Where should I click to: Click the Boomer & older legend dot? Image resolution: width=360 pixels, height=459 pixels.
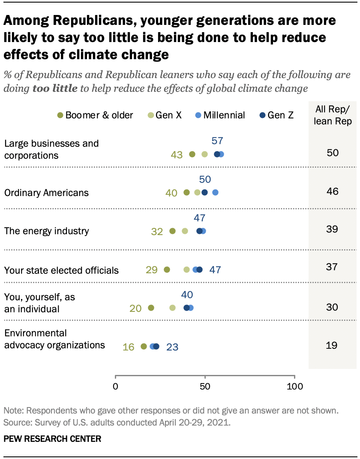point(60,115)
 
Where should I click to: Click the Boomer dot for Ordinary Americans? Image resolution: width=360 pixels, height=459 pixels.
point(186,193)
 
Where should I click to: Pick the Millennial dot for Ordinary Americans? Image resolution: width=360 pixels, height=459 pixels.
point(215,193)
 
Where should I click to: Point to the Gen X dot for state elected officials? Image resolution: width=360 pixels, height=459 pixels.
point(186,269)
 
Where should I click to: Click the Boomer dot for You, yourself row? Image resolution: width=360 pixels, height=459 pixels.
point(151,308)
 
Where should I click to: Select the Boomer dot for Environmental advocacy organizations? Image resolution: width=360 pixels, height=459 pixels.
point(144,346)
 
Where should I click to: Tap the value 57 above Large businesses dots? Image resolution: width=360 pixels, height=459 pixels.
point(217,141)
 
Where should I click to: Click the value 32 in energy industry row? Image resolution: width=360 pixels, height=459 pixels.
point(157,231)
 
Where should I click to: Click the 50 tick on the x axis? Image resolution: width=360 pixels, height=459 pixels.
point(205,386)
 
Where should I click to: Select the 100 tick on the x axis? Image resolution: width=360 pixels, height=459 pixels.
point(294,386)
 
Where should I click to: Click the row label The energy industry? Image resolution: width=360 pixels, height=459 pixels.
point(46,231)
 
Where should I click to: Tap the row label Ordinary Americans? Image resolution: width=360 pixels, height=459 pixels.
point(46,193)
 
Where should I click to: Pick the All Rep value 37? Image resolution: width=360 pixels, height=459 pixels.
point(332,267)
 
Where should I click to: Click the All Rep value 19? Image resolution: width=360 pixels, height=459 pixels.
point(332,344)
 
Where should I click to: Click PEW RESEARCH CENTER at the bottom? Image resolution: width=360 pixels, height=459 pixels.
point(52,439)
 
